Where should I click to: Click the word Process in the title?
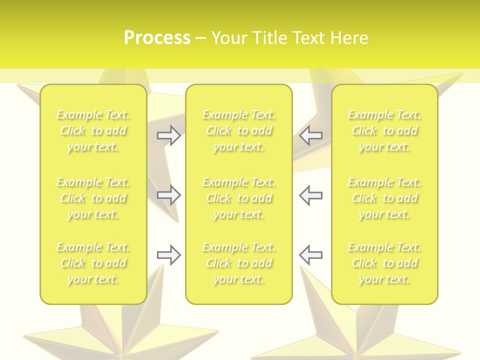157,37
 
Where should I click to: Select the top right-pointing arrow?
169,135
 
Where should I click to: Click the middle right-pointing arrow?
169,195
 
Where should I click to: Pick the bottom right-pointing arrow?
169,255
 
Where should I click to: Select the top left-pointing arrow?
310,135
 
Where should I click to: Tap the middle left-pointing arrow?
310,195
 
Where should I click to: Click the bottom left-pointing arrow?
310,255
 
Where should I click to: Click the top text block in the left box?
93,130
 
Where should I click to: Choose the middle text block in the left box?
93,198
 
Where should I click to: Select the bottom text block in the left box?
93,263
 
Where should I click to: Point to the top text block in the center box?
239,130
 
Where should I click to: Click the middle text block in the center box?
239,198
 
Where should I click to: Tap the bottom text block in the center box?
239,263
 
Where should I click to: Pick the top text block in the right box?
384,130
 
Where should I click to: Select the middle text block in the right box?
384,198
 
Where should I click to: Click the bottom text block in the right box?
384,263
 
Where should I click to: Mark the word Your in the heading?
228,37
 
